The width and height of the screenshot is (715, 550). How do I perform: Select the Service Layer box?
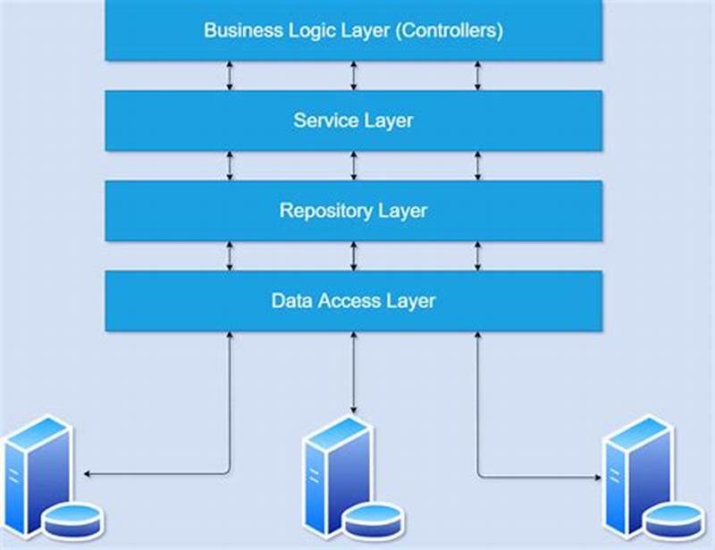[x=354, y=121]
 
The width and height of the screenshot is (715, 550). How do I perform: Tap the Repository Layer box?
[x=354, y=211]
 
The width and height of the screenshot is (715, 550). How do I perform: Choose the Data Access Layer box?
[x=354, y=301]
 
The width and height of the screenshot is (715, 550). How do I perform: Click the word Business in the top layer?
[x=240, y=30]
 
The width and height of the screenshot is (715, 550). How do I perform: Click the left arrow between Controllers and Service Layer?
[x=231, y=76]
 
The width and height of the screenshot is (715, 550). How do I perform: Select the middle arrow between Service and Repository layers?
[x=354, y=166]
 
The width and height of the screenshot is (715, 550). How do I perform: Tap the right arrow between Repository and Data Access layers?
[x=477, y=256]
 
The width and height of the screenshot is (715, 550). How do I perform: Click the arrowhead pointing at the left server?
[x=86, y=472]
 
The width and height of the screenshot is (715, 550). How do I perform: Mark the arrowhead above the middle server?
[x=354, y=408]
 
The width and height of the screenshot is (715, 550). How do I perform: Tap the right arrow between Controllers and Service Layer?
[x=477, y=76]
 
